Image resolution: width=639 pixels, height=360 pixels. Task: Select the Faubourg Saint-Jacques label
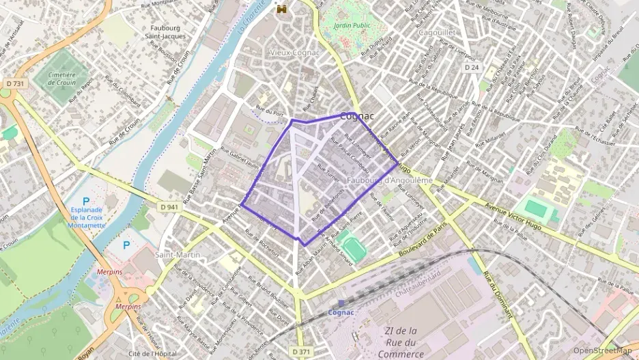167,32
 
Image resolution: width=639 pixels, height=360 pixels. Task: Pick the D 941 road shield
171,206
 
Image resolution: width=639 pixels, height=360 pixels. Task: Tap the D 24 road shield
471,68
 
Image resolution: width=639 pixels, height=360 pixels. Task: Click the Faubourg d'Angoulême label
390,180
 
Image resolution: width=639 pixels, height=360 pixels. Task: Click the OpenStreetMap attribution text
602,350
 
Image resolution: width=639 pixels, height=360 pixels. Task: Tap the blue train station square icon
341,303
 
